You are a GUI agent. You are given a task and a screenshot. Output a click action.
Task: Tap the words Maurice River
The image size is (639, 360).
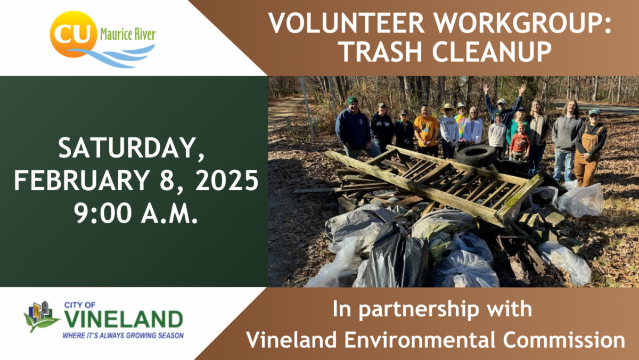point(128,36)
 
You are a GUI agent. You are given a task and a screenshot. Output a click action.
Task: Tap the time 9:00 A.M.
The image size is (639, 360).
point(136,215)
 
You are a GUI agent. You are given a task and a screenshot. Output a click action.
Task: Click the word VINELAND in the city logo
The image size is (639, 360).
point(123,320)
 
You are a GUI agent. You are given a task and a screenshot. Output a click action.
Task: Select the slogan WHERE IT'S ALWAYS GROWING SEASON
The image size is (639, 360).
point(123,336)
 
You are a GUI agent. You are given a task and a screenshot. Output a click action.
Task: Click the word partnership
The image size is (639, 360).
point(431,309)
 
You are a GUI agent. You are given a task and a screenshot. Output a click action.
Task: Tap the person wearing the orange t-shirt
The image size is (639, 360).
point(427,130)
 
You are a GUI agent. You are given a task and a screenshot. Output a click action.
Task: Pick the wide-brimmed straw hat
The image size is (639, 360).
point(448,108)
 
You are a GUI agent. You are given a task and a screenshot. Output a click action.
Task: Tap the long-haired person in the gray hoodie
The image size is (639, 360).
point(567,133)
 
